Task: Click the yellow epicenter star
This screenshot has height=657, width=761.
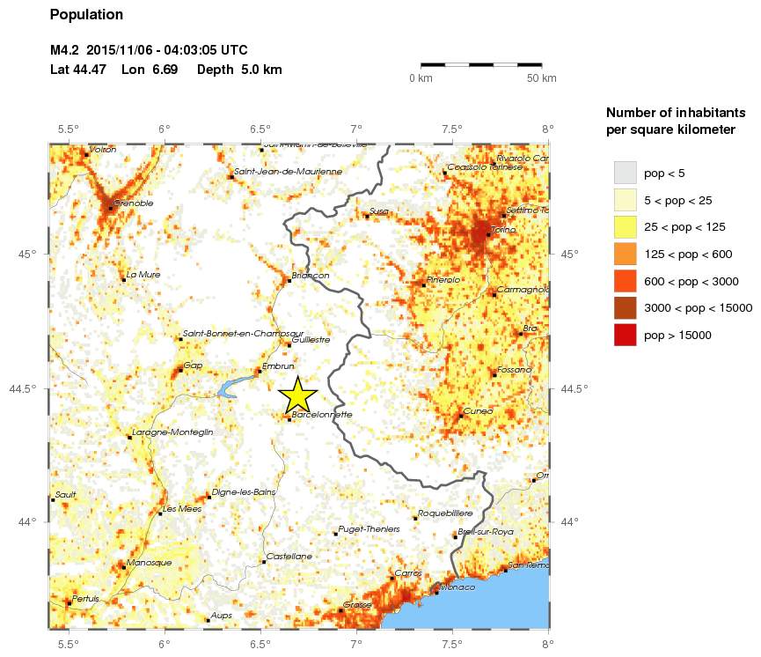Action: click(x=297, y=394)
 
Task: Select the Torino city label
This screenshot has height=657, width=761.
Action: click(x=502, y=229)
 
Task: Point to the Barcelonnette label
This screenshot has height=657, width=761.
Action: click(x=322, y=414)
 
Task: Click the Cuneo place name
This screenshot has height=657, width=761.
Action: click(x=478, y=411)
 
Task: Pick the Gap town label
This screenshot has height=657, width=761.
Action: click(x=193, y=365)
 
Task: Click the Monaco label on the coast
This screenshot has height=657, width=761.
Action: click(x=457, y=587)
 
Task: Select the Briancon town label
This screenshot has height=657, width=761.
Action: click(x=311, y=276)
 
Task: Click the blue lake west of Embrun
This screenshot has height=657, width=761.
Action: click(x=231, y=386)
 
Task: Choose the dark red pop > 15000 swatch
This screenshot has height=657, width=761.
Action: click(x=625, y=335)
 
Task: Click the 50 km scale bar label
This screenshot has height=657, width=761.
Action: click(x=542, y=79)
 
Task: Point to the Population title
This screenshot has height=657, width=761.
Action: click(x=87, y=15)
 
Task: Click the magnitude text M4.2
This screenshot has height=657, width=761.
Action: click(x=65, y=51)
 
